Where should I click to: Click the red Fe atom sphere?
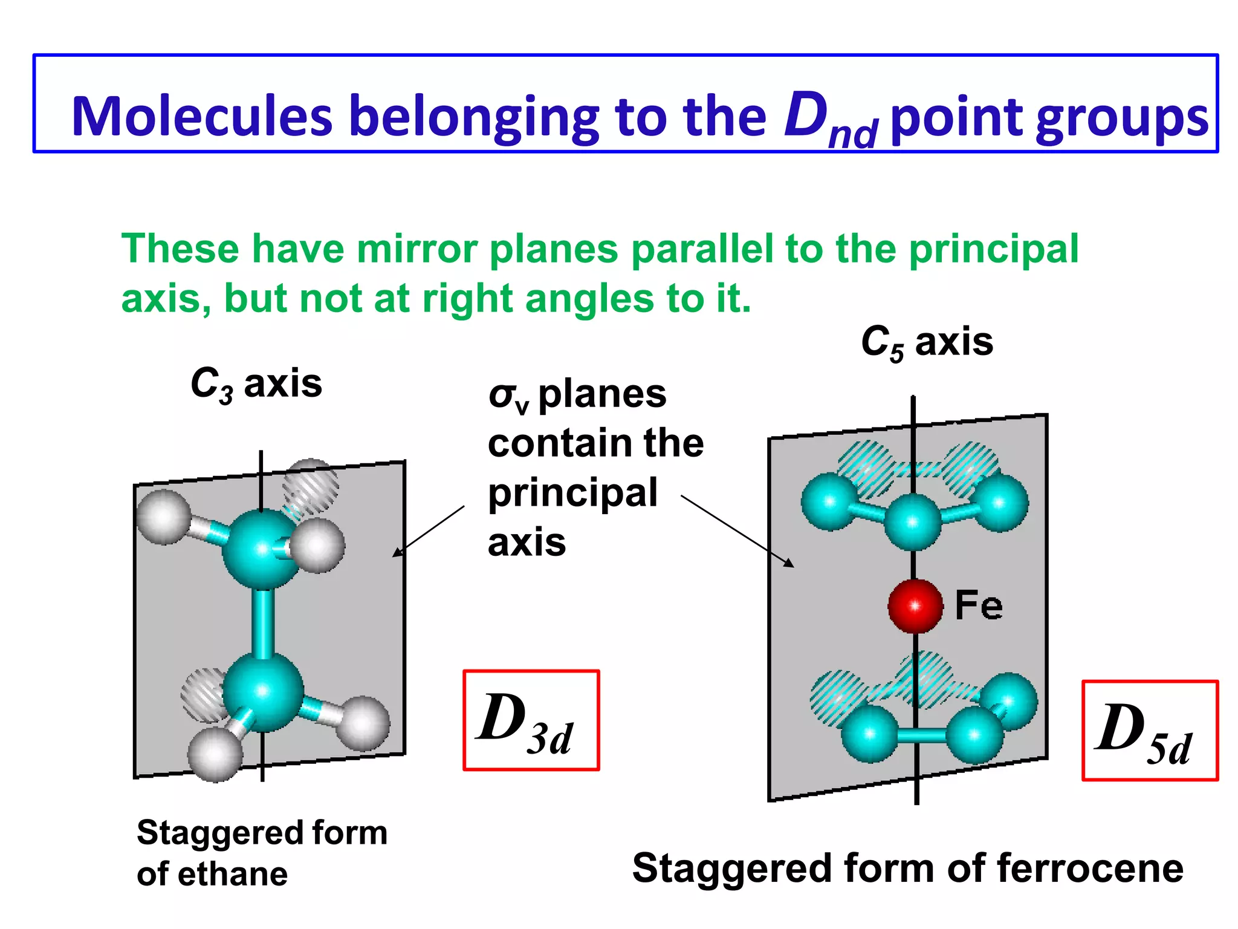(x=915, y=605)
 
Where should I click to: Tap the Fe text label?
(x=979, y=605)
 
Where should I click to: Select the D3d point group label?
(x=531, y=720)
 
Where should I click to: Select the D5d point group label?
(x=1149, y=731)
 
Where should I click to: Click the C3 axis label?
(x=256, y=384)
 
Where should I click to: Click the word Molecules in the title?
(x=202, y=116)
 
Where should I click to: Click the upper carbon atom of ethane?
(x=261, y=549)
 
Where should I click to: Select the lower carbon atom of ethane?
(x=263, y=691)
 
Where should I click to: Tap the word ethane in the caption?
(x=233, y=875)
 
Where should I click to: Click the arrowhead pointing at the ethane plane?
(x=397, y=552)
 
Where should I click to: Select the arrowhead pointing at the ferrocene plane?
(x=789, y=563)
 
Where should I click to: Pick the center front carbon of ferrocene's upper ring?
(x=913, y=521)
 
